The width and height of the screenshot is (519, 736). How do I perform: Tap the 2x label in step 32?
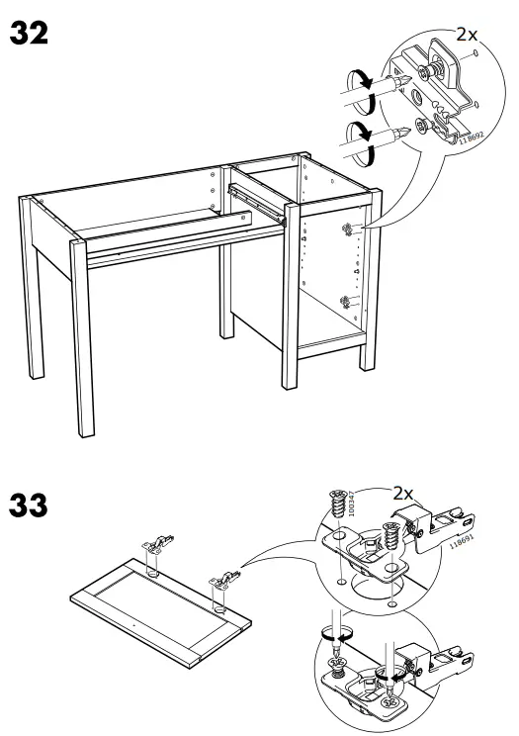tap(467, 34)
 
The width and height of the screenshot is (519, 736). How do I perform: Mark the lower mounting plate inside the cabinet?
tap(343, 303)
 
